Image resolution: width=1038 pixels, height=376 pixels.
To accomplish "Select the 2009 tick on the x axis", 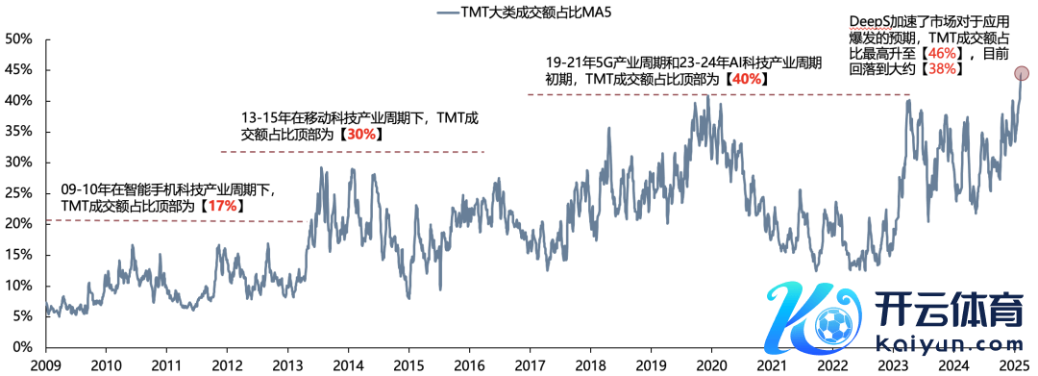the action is (46, 364).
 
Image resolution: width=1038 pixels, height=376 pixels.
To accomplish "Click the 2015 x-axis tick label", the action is (408, 364).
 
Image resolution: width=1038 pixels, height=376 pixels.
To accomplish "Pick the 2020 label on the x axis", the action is (711, 364).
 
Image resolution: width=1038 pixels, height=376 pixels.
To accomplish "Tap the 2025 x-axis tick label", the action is (1014, 364).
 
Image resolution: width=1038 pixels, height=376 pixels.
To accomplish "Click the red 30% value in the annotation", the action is (362, 135).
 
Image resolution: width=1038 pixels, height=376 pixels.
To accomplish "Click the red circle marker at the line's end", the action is (1022, 73).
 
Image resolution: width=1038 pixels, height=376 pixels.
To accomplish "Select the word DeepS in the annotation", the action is (868, 22).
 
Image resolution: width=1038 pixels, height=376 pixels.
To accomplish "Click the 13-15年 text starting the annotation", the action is (262, 118).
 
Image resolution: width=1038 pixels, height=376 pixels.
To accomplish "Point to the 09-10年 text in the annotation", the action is (83, 189).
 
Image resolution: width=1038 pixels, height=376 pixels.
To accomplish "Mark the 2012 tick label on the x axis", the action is (227, 364).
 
